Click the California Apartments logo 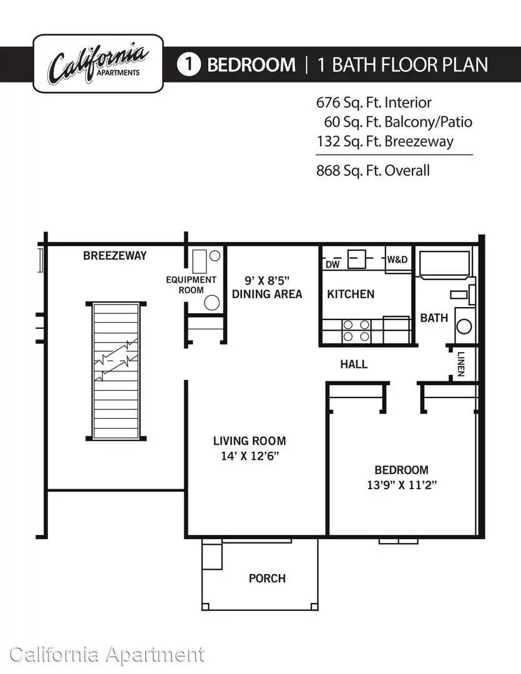98,64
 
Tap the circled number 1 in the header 188,64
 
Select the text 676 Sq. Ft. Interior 374,103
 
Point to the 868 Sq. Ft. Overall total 372,170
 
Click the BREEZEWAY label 115,256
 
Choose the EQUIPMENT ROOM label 192,285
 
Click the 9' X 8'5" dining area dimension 267,281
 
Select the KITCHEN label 350,294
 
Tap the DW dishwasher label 333,265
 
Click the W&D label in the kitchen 397,259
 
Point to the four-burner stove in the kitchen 356,331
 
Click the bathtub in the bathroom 444,264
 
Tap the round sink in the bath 464,326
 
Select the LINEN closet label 461,364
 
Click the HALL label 354,364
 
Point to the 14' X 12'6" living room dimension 250,456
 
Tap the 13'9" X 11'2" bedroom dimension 401,485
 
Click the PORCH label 267,579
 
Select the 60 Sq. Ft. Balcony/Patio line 398,122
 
